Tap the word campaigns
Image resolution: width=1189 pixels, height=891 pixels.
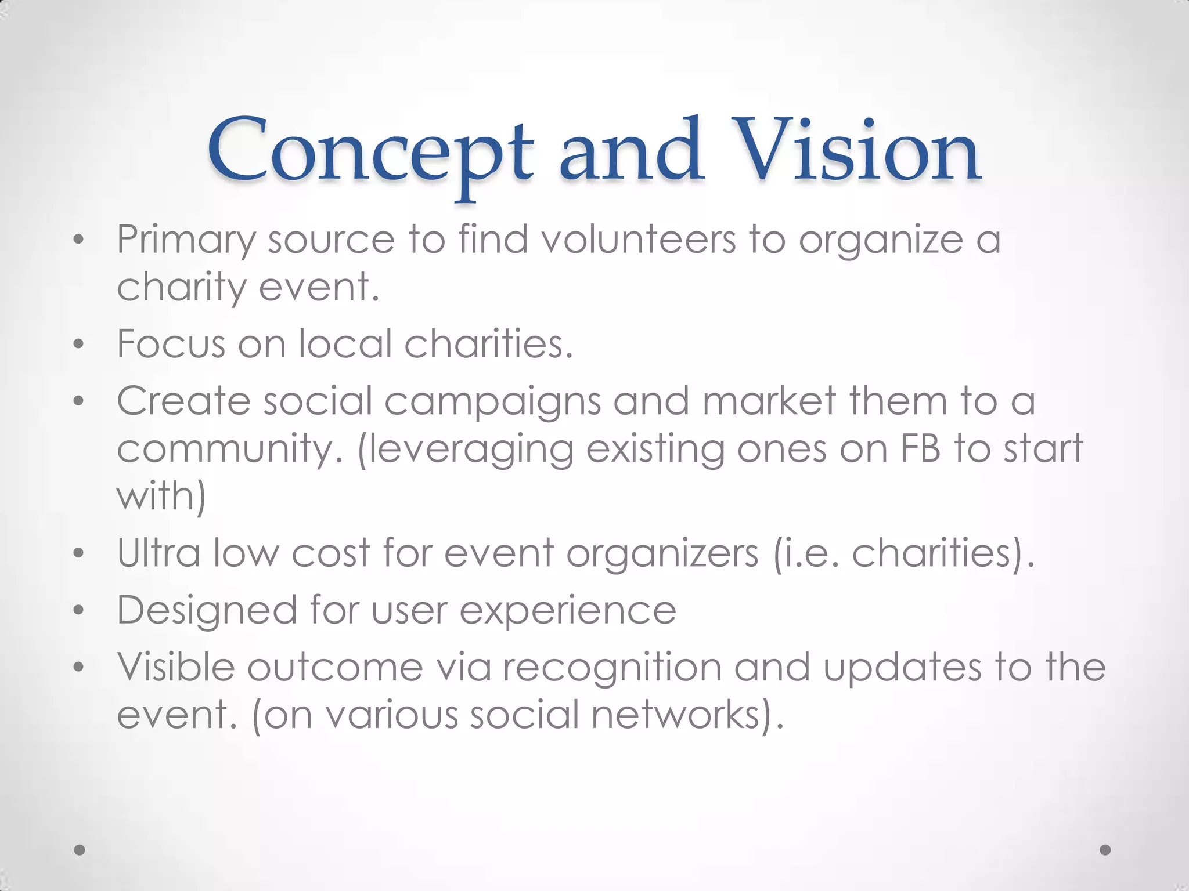492,401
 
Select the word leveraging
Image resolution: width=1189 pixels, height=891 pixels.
466,449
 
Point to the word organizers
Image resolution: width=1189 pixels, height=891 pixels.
662,553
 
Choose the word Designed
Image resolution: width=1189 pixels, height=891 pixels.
207,610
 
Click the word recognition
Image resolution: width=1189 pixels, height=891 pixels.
612,668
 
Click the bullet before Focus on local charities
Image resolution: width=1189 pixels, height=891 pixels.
79,345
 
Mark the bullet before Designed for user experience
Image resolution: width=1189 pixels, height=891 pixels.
79,610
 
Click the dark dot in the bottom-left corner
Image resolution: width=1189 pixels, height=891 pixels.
80,850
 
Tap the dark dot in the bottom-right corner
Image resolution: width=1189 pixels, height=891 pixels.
1105,850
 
